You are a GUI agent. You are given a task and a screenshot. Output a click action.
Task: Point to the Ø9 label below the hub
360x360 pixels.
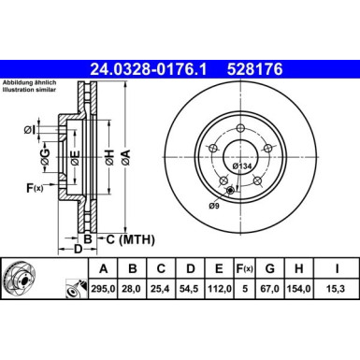pyautogui.click(x=214, y=205)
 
